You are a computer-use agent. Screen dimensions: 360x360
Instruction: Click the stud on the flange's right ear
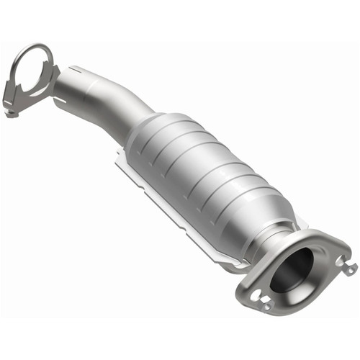point(350,268)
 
